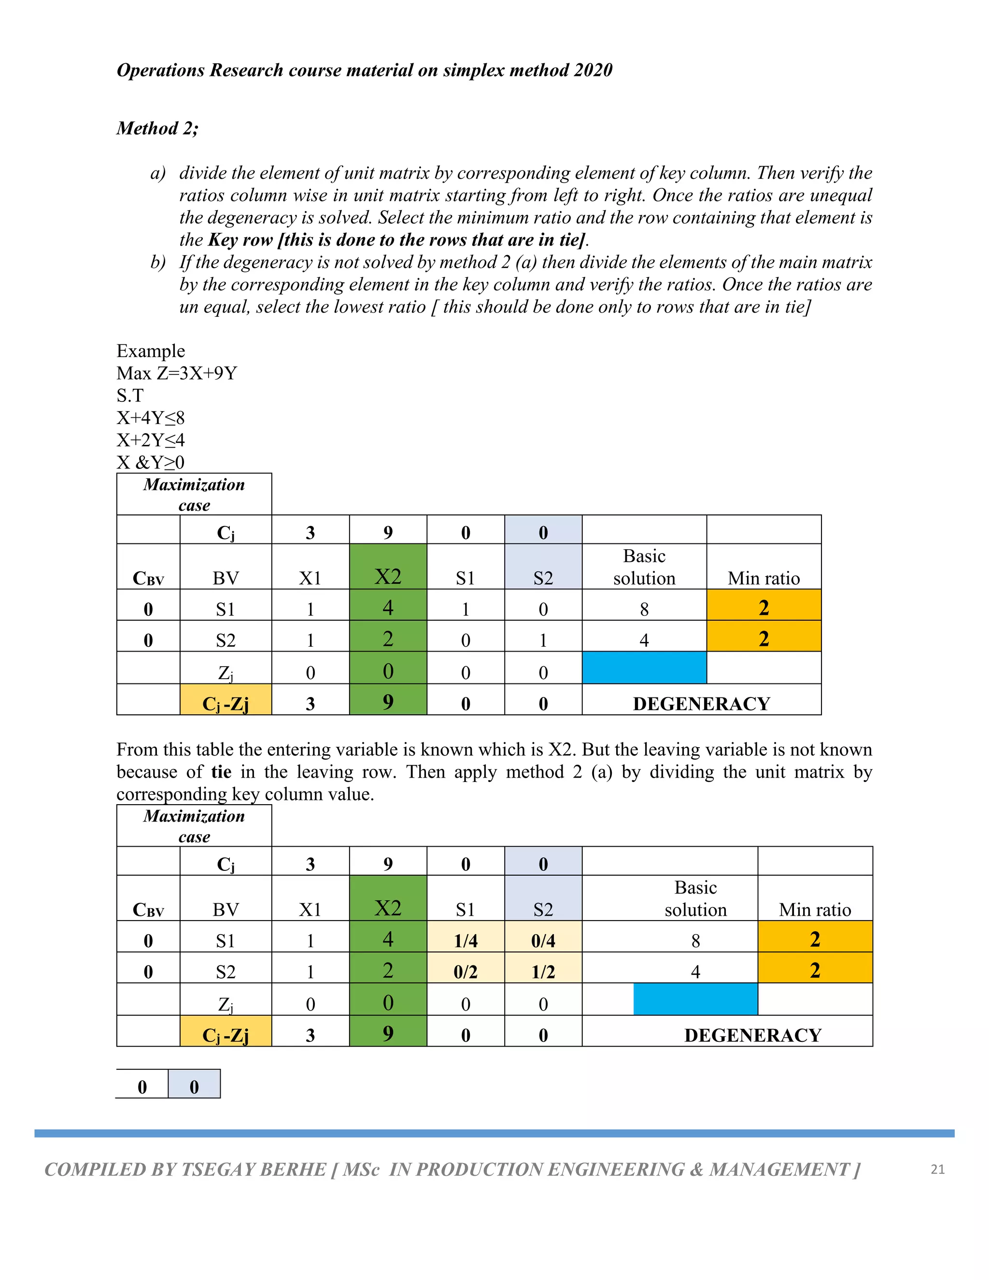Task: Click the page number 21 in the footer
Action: click(x=937, y=1169)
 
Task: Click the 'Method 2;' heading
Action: click(x=157, y=128)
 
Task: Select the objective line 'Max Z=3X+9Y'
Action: click(x=176, y=373)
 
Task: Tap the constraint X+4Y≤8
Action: click(x=151, y=418)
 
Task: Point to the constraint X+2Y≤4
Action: click(x=151, y=440)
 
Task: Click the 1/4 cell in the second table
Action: click(x=466, y=940)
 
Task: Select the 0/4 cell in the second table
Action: click(x=543, y=940)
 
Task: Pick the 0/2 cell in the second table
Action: click(x=466, y=972)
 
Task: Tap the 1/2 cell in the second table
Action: click(x=543, y=972)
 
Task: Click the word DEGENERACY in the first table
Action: click(x=701, y=703)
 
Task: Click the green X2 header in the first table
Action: click(x=388, y=576)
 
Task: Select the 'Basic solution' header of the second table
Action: click(x=695, y=898)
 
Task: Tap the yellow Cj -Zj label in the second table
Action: click(x=226, y=1036)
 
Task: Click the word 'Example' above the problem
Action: click(x=151, y=351)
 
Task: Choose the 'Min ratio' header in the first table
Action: click(x=763, y=579)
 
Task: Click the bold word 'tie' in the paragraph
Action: click(x=221, y=772)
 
